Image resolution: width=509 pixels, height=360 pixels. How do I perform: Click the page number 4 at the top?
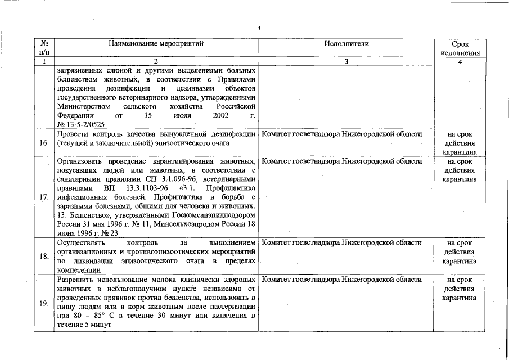coord(258,28)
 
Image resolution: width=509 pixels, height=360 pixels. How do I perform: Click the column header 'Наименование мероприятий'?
coord(156,43)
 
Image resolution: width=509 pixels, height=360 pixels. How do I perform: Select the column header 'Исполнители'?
coord(346,43)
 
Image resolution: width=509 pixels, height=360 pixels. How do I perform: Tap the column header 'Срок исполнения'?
coord(460,48)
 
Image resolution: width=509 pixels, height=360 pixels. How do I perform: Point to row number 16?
coord(44,143)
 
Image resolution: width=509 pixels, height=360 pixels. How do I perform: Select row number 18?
coord(44,256)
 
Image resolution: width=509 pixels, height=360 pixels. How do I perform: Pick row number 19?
coord(44,304)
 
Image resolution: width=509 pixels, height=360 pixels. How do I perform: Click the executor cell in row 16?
coord(342,134)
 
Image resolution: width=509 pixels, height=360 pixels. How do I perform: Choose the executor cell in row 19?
coord(342,280)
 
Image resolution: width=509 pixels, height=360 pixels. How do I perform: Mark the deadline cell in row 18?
coord(460,252)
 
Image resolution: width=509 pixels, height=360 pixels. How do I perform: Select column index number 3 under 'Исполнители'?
coord(346,61)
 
